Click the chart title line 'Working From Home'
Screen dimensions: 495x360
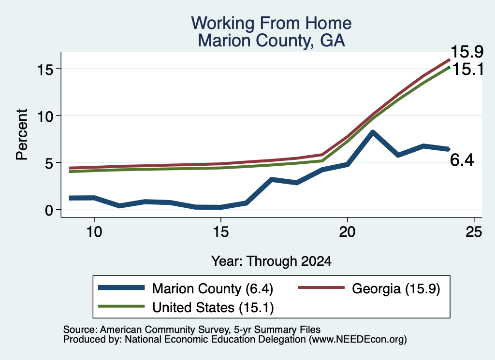(x=271, y=23)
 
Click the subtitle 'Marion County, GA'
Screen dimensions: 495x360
(x=271, y=41)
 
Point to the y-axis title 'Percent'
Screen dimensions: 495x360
(x=22, y=134)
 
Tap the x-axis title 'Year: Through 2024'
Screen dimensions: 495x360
(x=271, y=261)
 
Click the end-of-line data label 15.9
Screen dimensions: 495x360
(x=467, y=52)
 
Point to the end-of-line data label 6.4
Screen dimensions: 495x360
(x=462, y=160)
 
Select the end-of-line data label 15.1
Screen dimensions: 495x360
(x=468, y=69)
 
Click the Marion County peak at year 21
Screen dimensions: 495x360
(x=373, y=132)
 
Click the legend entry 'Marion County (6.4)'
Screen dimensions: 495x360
(x=213, y=288)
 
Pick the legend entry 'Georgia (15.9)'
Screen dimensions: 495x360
(x=396, y=288)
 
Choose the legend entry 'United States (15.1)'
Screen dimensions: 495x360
(x=213, y=308)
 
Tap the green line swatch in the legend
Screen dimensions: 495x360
(x=121, y=306)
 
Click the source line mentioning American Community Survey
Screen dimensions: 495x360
(x=191, y=330)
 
